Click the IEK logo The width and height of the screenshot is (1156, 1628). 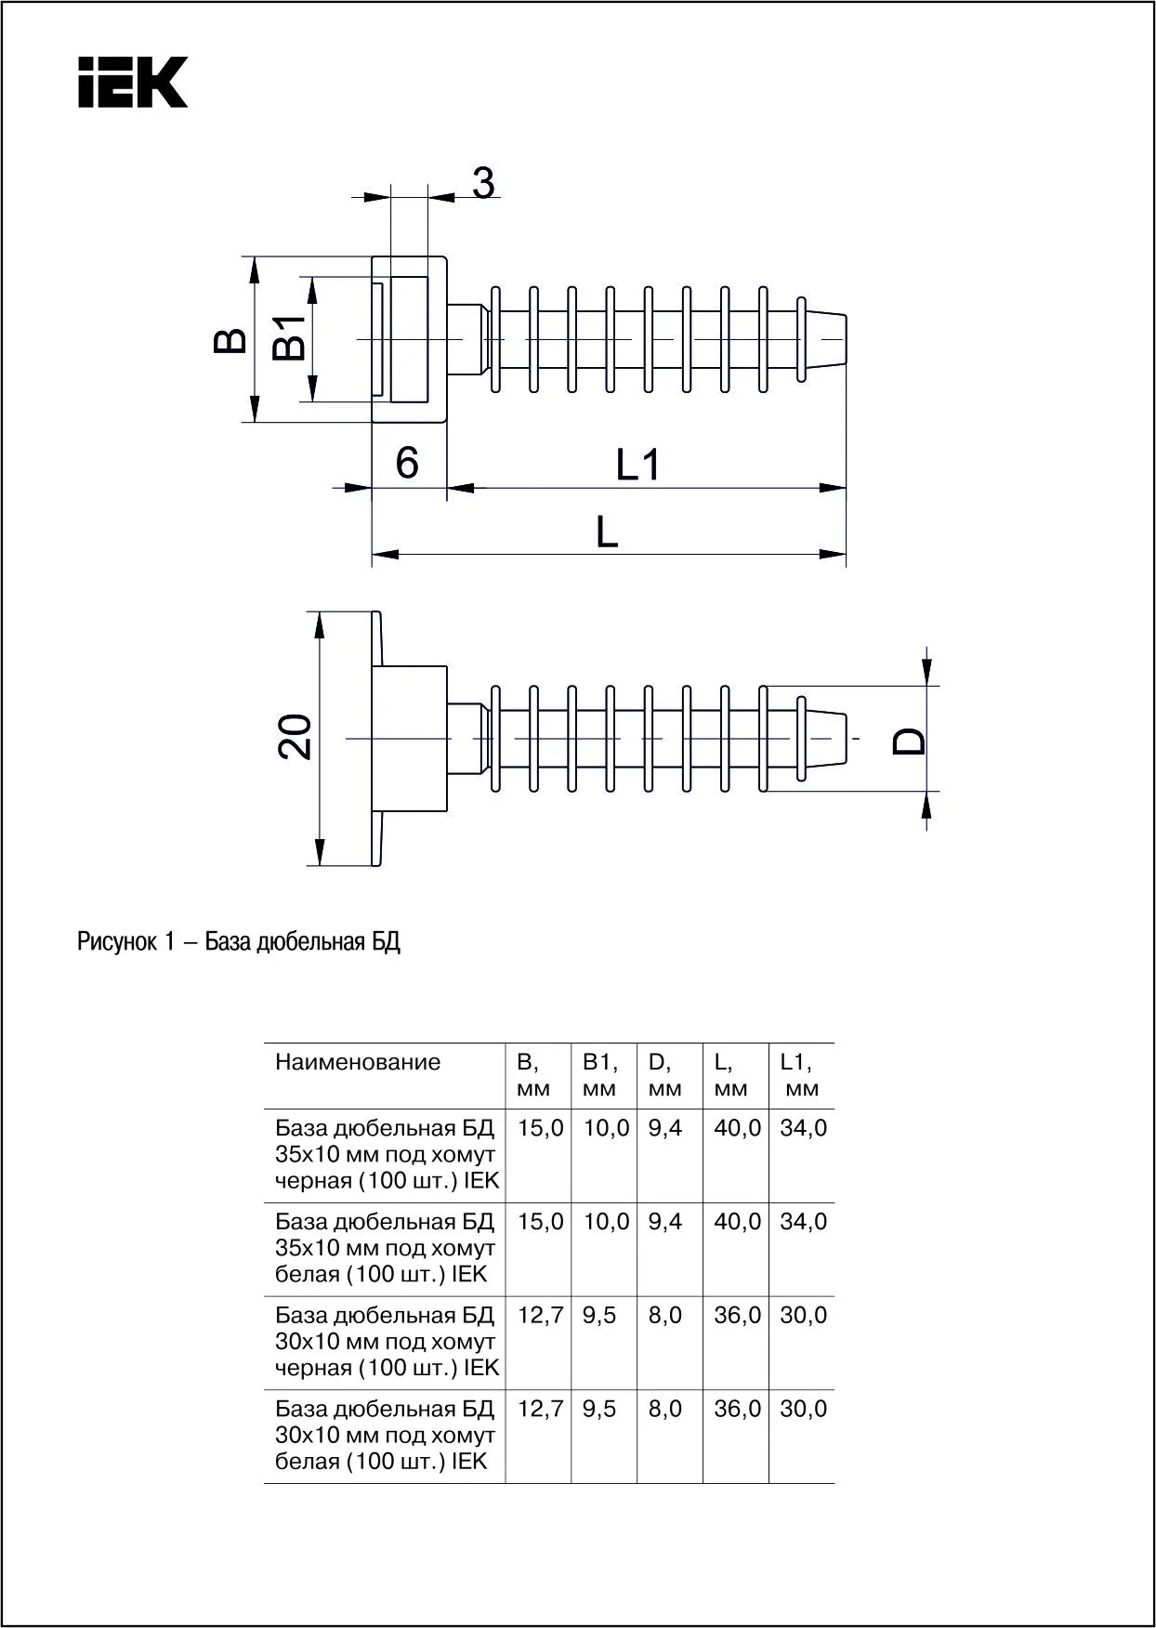[x=133, y=82]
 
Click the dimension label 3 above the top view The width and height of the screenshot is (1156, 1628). [x=483, y=183]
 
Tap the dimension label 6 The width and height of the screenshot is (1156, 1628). [x=407, y=462]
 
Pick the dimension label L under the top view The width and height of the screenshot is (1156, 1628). [x=606, y=532]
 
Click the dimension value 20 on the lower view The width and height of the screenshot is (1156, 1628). [x=296, y=738]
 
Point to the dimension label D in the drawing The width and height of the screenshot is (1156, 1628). [x=910, y=740]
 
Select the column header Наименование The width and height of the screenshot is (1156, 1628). [x=358, y=1062]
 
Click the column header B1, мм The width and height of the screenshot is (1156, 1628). [x=600, y=1075]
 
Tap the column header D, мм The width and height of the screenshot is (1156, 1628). [x=664, y=1075]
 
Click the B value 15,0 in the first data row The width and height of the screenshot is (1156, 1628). [x=541, y=1128]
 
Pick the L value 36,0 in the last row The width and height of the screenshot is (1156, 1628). [x=737, y=1409]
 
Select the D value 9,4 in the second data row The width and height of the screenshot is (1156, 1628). [x=665, y=1222]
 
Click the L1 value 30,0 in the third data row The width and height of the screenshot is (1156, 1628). [x=803, y=1315]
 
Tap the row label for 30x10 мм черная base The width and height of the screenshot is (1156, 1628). [x=386, y=1341]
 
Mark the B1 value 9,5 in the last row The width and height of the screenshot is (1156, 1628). [x=599, y=1409]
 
